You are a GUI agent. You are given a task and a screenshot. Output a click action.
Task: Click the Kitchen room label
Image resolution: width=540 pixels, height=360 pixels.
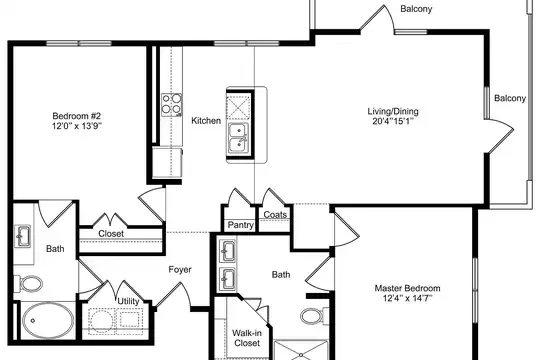coord(206,121)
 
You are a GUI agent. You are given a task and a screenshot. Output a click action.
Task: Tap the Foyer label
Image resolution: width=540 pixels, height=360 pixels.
coord(180,269)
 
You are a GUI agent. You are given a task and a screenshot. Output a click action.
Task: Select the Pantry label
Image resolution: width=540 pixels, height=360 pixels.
coord(241,225)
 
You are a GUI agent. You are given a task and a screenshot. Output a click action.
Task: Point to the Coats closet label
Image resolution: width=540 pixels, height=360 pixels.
coord(275,215)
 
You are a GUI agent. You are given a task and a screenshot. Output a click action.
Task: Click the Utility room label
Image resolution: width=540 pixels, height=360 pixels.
coord(128,301)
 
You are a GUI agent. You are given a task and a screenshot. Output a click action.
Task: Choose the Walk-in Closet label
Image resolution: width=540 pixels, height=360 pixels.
coord(246,338)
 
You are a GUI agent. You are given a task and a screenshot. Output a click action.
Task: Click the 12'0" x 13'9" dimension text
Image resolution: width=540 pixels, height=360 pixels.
coord(77,126)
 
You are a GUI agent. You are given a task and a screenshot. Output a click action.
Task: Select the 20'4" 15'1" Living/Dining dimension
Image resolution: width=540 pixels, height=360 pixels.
coord(393,121)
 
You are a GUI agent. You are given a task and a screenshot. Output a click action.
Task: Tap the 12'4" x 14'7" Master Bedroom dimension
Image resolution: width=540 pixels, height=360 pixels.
coord(407,298)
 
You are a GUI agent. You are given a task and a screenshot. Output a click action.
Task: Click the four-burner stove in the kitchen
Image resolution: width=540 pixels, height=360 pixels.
coord(172,104)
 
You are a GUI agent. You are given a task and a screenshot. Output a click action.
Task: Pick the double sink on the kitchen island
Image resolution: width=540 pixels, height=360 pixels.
coord(238,138)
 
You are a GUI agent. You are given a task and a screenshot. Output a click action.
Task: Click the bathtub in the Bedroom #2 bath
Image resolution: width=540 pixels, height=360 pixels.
coord(48,320)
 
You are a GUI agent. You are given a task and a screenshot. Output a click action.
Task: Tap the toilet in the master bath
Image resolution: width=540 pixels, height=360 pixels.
coord(312,316)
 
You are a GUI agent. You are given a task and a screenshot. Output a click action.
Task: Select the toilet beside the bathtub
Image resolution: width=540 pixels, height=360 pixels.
coord(28,284)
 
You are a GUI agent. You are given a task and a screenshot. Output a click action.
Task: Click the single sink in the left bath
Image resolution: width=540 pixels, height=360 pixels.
coord(23,236)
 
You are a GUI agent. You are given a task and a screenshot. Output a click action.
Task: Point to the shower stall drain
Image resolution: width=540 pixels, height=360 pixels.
coord(301,355)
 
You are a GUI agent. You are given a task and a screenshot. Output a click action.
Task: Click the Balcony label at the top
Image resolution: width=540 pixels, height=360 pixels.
coord(416,9)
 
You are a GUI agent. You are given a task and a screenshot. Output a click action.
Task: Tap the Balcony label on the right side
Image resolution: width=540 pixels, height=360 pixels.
coord(510,98)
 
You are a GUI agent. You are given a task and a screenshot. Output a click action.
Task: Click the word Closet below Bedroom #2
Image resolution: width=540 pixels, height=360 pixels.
coord(111,234)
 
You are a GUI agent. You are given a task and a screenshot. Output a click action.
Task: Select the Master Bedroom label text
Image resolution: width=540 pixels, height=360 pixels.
coord(407,288)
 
